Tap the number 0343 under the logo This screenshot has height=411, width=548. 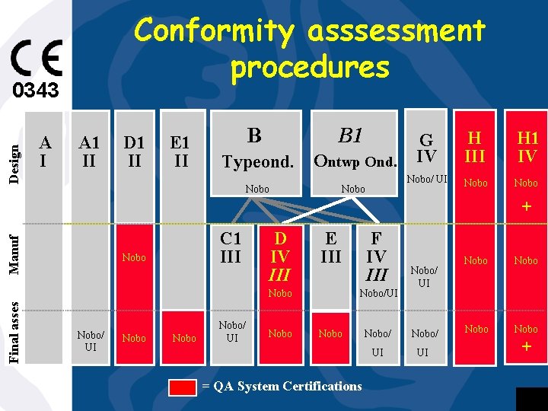35,91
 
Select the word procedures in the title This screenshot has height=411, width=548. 310,67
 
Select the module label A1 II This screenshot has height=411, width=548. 90,151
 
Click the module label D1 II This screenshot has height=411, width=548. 134,151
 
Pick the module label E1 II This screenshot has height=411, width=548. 180,151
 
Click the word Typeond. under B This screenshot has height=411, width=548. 257,162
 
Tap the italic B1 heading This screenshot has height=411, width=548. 350,135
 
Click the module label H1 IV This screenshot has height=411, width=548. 527,147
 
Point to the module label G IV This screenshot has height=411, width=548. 426,148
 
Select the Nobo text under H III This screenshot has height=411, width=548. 476,183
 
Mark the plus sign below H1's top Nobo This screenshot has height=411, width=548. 526,206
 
